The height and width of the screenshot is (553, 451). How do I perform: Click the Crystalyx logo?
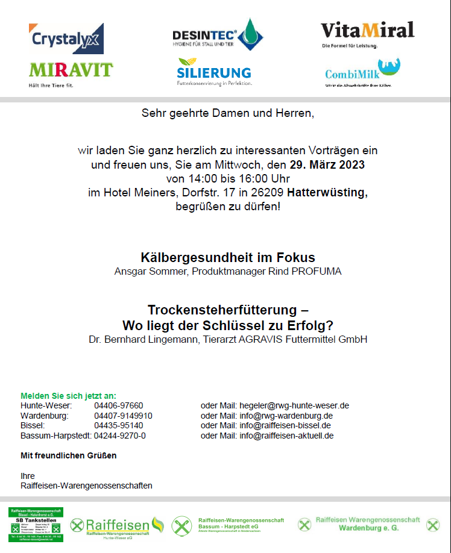(x=66, y=39)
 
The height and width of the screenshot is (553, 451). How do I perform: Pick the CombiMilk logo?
(x=362, y=72)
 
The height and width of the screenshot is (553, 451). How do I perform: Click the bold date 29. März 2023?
(x=327, y=164)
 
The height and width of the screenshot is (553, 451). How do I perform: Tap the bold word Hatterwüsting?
(x=327, y=193)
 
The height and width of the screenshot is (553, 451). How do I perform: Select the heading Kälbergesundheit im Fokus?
(x=228, y=257)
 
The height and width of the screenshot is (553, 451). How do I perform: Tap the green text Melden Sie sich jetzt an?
(x=68, y=396)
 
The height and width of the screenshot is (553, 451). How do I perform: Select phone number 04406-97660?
(x=118, y=405)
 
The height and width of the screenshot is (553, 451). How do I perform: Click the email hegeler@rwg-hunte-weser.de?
(x=294, y=405)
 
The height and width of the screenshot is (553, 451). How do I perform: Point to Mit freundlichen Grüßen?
(x=68, y=455)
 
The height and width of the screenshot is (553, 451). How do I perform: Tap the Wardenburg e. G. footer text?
(x=368, y=528)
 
